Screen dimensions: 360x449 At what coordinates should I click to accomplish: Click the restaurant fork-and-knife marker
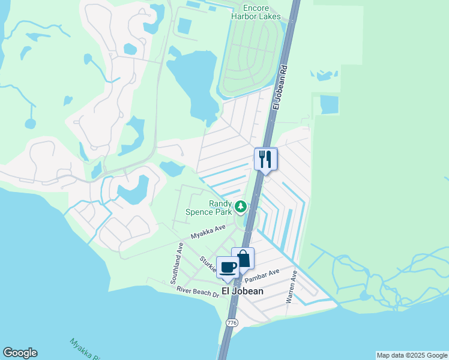click(266, 159)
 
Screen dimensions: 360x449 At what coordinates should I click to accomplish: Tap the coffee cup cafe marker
click(228, 268)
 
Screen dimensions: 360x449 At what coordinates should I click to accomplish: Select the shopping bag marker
click(243, 259)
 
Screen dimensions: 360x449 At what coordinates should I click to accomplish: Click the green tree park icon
click(241, 207)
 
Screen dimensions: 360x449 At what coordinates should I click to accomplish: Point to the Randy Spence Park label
click(220, 208)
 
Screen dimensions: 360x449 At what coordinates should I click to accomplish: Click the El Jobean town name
click(243, 291)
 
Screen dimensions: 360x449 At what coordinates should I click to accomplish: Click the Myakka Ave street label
click(208, 232)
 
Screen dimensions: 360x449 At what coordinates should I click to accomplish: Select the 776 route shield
click(231, 323)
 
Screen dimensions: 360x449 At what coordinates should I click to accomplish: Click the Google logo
click(20, 353)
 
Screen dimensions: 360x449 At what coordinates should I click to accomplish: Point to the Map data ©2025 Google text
click(411, 355)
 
